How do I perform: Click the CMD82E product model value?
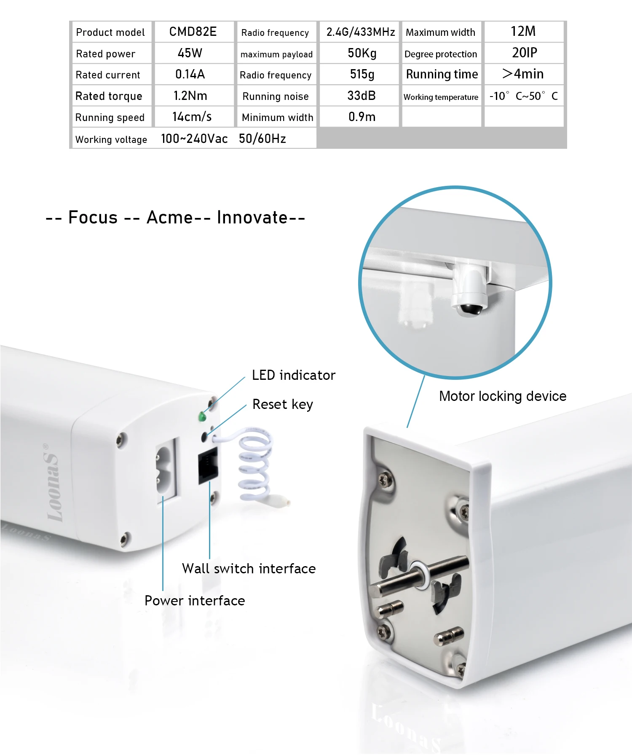click(x=193, y=32)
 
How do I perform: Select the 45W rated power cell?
click(x=190, y=53)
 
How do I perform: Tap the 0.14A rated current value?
click(x=190, y=75)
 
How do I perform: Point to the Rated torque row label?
click(x=109, y=96)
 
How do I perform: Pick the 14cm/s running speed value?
click(x=192, y=117)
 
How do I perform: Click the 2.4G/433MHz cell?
click(x=360, y=32)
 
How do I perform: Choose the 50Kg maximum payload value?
click(x=362, y=53)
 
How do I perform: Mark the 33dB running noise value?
click(x=361, y=96)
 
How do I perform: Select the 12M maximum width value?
click(x=523, y=32)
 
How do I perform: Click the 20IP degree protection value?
click(x=524, y=53)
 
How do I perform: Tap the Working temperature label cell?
click(x=441, y=97)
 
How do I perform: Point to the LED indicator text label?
click(x=293, y=375)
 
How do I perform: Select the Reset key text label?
click(x=282, y=404)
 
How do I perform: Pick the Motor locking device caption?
click(x=502, y=396)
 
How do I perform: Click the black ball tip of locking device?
click(x=470, y=309)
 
